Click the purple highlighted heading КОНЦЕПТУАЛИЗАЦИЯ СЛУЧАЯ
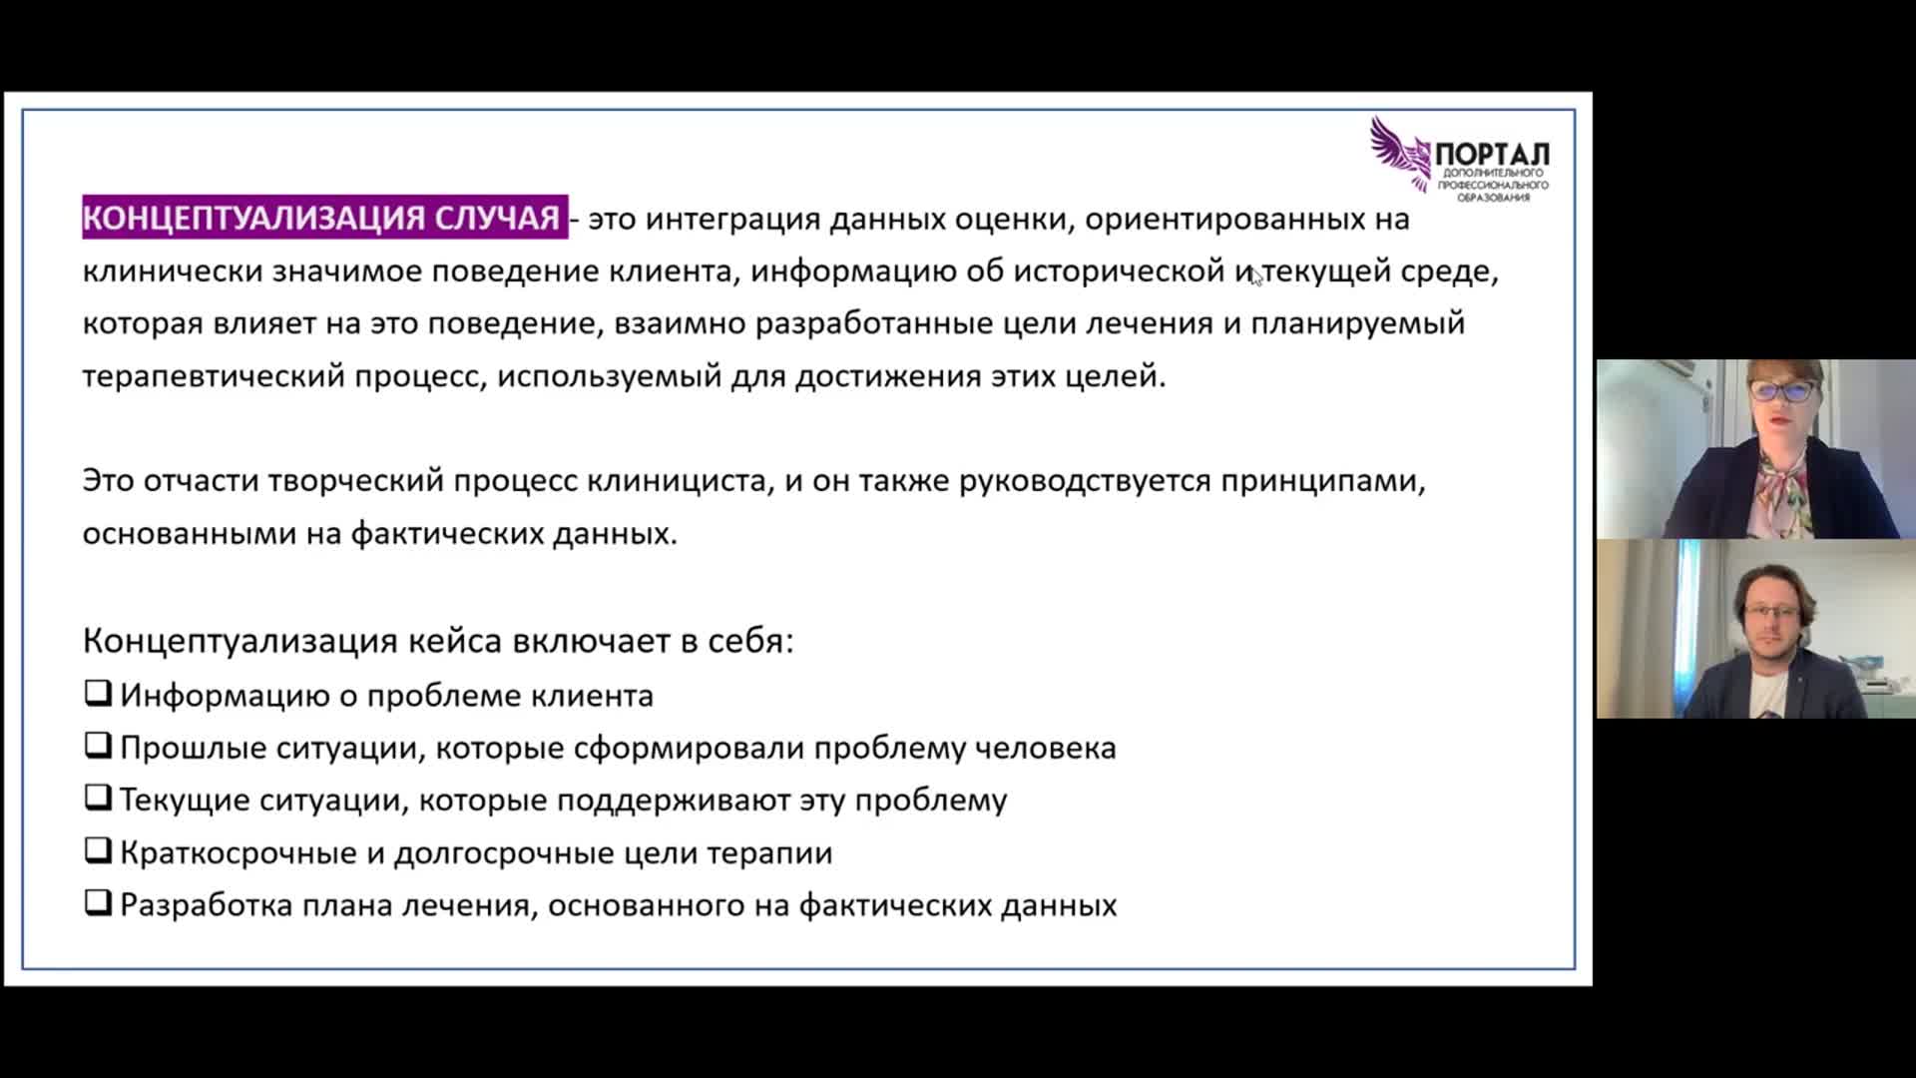(x=324, y=218)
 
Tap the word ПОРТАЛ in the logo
(x=1492, y=155)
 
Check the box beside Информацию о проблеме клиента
(x=97, y=693)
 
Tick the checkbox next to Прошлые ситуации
(x=97, y=745)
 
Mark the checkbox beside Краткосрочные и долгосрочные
(x=97, y=849)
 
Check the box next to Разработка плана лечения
(x=97, y=902)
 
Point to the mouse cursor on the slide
(x=1256, y=276)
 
